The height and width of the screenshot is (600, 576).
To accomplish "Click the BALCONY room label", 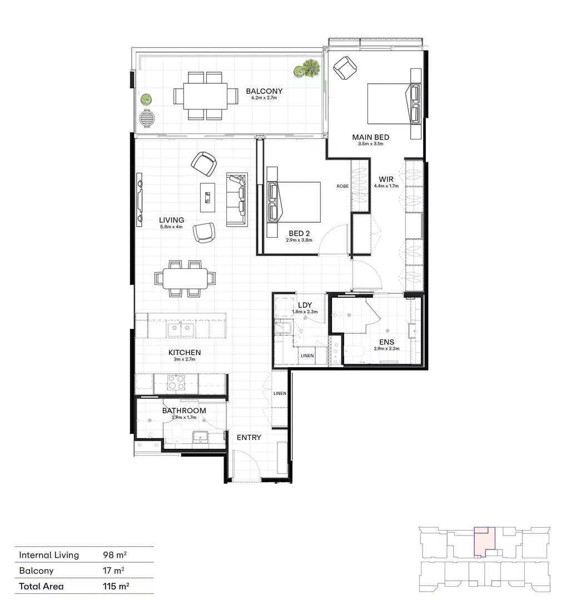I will point(264,91).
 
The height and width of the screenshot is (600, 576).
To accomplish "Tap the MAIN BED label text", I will point(370,137).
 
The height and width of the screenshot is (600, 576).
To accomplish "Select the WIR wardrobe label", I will point(386,179).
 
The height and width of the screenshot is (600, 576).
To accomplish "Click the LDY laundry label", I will point(304,305).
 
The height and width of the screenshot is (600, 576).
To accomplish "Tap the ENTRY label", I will point(249,437).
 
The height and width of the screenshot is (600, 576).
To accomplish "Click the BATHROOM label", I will point(184,411).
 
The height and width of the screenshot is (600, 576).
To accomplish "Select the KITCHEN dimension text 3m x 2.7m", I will point(184,359).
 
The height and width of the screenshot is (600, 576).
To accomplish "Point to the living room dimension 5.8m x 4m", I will point(171,227).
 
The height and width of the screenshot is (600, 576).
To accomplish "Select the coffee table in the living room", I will point(208,196).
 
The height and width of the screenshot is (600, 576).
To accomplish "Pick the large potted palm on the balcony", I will point(308,69).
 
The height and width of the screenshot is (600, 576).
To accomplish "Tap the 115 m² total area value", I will point(114,586).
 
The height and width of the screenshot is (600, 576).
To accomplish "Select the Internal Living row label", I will point(49,554).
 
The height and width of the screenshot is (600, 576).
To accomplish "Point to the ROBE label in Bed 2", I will point(342,186).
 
